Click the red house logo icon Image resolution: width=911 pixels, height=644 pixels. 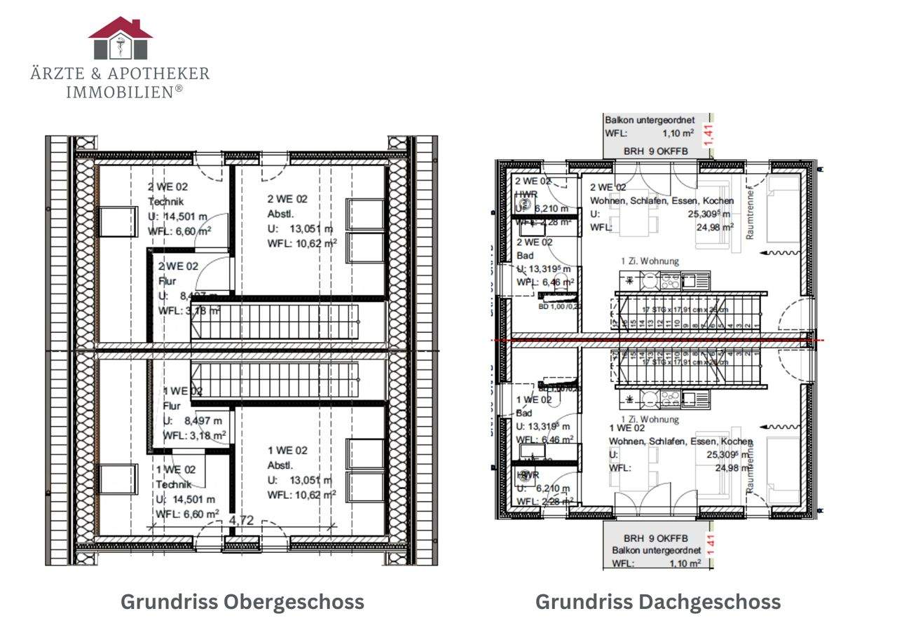pyautogui.click(x=121, y=38)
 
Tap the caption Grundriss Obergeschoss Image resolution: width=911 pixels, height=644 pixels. pyautogui.click(x=242, y=602)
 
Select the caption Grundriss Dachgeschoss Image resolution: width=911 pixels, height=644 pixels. pyautogui.click(x=658, y=602)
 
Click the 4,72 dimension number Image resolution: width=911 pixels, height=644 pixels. pyautogui.click(x=241, y=521)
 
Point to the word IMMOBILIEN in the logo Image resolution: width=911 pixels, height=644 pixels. pyautogui.click(x=120, y=92)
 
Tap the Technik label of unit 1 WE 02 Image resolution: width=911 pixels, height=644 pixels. pyautogui.click(x=174, y=484)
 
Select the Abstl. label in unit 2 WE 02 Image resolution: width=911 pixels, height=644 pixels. pyautogui.click(x=280, y=214)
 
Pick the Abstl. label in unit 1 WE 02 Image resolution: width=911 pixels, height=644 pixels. pyautogui.click(x=280, y=465)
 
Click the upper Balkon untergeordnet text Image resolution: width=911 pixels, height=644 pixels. pyautogui.click(x=650, y=121)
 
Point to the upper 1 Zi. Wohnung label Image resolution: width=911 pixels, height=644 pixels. pyautogui.click(x=650, y=261)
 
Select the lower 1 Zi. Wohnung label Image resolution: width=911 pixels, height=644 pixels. pyautogui.click(x=650, y=420)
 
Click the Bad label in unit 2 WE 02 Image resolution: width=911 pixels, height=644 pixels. pyautogui.click(x=525, y=256)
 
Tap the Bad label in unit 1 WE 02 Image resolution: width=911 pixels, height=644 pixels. pyautogui.click(x=524, y=413)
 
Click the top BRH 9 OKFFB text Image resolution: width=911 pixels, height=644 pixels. pyautogui.click(x=656, y=151)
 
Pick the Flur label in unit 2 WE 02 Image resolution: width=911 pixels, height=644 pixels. pyautogui.click(x=167, y=281)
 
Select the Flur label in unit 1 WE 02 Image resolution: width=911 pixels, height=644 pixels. pyautogui.click(x=172, y=406)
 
